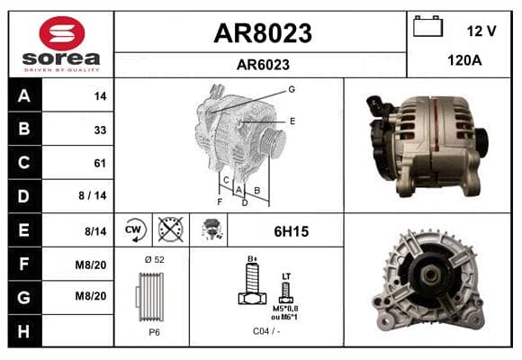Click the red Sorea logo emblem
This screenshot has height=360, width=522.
tap(62, 33)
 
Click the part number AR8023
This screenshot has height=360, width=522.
tap(263, 33)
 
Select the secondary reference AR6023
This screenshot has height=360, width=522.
tap(263, 65)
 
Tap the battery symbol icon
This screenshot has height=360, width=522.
tap(427, 27)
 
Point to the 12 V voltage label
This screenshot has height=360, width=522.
tap(481, 31)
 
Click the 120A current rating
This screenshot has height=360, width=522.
tap(464, 60)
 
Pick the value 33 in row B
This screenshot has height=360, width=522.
tap(100, 130)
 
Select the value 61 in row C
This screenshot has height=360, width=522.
tap(100, 163)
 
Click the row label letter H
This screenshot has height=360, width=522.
tap(23, 331)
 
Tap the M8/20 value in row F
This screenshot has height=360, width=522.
tap(91, 265)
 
